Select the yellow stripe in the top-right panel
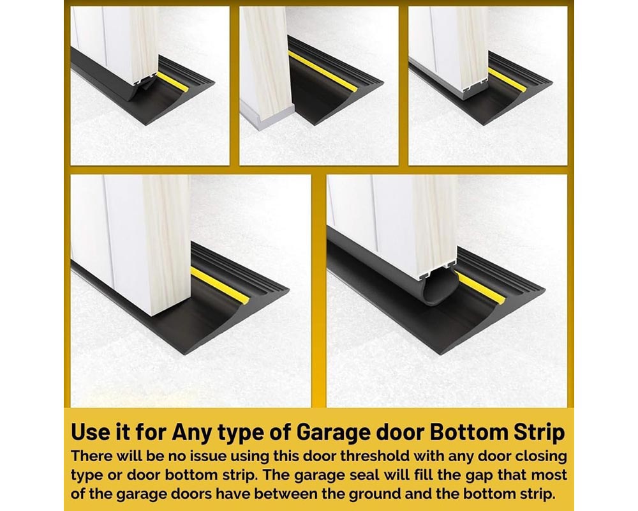508,80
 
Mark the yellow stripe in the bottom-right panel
482,289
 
